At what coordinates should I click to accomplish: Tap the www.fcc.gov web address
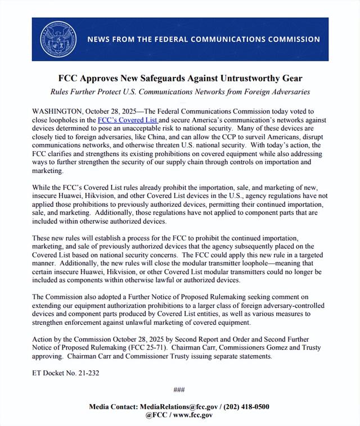[x=192, y=415]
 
